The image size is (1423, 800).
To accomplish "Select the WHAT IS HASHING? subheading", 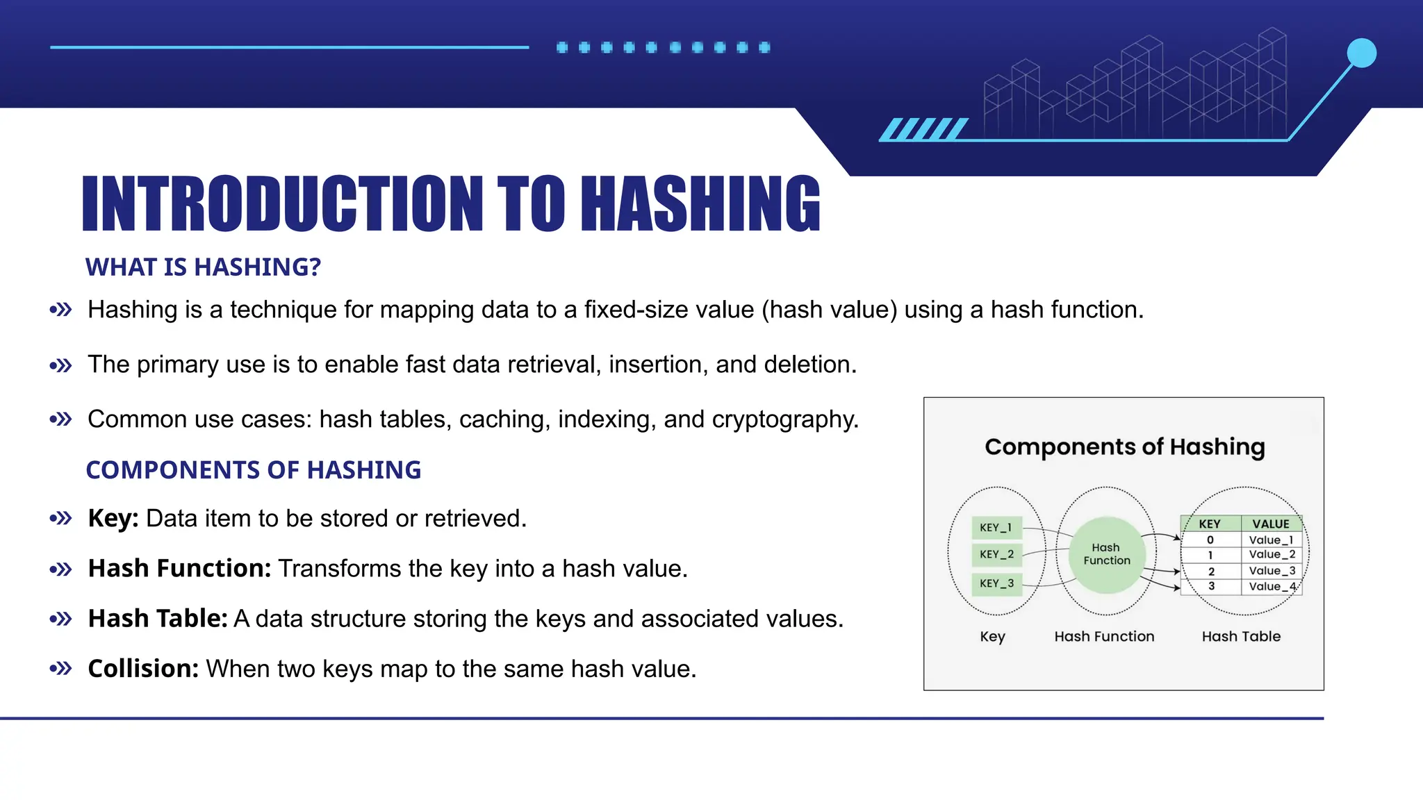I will click(x=203, y=267).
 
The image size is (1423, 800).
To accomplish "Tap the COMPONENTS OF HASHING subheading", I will click(x=254, y=470).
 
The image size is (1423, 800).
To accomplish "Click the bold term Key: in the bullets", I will click(x=113, y=519).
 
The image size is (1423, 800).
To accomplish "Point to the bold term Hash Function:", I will click(x=179, y=569).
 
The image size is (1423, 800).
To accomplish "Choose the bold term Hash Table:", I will click(x=158, y=619).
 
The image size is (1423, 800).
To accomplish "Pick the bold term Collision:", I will click(x=143, y=669).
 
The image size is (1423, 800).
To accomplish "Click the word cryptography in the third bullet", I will click(x=784, y=419).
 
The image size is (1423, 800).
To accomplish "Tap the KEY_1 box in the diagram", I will click(x=996, y=528).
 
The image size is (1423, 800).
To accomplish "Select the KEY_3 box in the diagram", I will click(x=996, y=584).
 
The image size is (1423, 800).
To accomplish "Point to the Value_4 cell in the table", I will click(x=1272, y=587).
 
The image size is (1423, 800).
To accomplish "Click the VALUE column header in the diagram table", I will click(x=1271, y=524).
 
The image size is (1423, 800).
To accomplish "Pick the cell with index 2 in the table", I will click(x=1211, y=572).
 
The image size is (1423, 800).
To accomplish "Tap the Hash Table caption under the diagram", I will click(x=1241, y=637).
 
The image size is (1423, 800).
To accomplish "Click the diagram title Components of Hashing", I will click(x=1124, y=447).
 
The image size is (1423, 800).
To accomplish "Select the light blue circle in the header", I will click(x=1361, y=53).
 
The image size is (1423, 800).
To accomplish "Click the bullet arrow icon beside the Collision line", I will click(x=61, y=669).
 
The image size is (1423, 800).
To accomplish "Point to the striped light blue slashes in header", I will click(x=924, y=129).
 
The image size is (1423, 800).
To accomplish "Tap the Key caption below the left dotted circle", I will click(x=992, y=637).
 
